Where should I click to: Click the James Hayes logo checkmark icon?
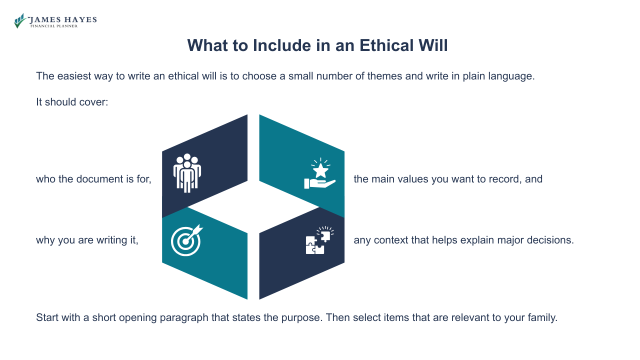coord(20,20)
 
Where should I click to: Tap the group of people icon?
coord(187,173)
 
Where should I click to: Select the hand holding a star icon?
coord(320,173)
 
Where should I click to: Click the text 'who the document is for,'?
coord(93,179)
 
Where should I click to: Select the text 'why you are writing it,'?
coord(87,240)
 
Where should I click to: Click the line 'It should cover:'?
coord(72,102)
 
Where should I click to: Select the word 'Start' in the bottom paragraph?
coord(47,317)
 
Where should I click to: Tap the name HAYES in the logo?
coord(80,20)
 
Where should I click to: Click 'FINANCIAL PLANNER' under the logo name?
coord(54,26)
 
